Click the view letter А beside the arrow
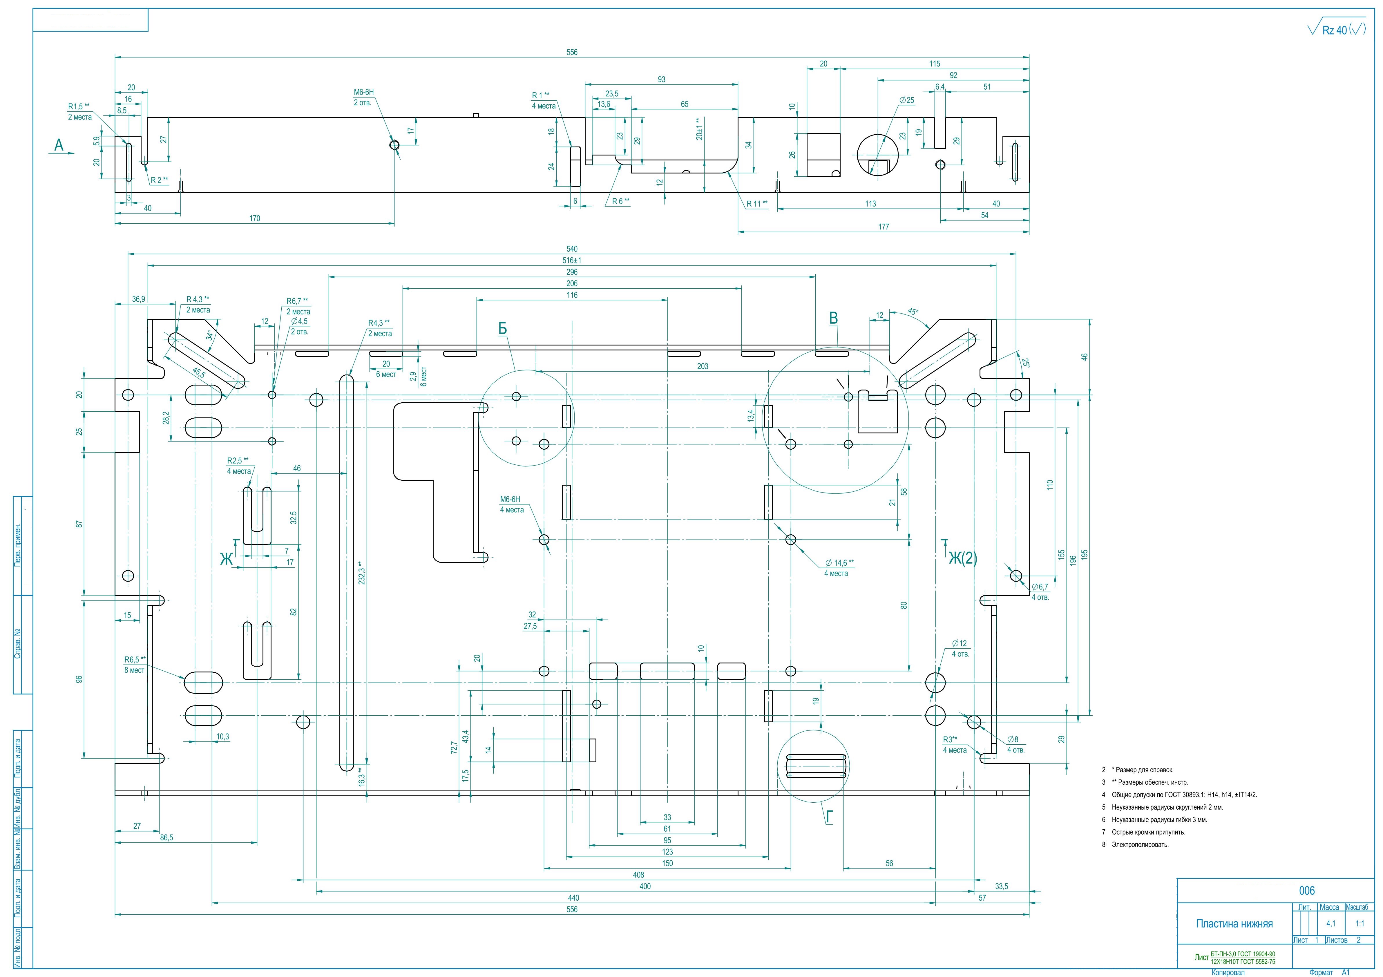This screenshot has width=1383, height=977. tap(58, 145)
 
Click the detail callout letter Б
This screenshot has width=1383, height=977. tap(502, 328)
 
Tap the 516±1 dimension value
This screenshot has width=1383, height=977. tap(572, 260)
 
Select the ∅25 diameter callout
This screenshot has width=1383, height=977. tap(906, 100)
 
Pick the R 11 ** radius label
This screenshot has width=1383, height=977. tap(757, 204)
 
